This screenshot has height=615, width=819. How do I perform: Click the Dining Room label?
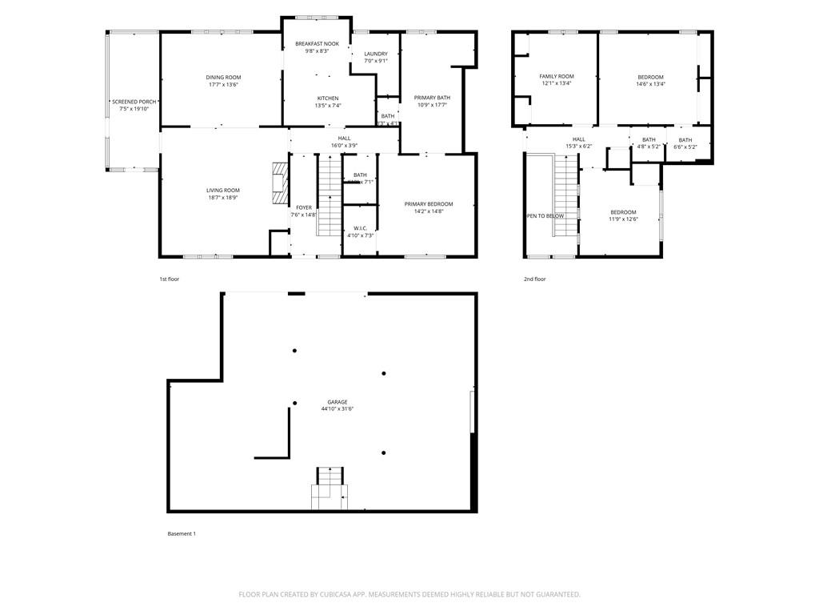[223, 77]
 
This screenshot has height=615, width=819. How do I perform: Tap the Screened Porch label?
[134, 102]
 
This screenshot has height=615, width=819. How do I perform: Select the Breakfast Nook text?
[317, 43]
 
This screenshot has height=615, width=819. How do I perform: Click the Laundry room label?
[375, 54]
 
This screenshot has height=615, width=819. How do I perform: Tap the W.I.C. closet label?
[360, 228]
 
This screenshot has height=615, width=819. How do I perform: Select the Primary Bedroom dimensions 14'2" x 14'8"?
[428, 211]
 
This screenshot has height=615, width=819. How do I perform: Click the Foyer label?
[303, 207]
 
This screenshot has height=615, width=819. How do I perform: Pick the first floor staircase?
[330, 196]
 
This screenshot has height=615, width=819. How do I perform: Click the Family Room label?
[556, 76]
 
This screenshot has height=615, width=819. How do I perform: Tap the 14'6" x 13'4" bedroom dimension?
[650, 84]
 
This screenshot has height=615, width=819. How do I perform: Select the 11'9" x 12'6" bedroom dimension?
[623, 219]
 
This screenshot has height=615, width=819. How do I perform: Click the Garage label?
[337, 402]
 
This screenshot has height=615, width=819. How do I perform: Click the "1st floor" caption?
[169, 279]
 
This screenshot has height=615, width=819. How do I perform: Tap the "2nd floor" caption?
[534, 279]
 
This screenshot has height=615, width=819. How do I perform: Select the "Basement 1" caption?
[181, 534]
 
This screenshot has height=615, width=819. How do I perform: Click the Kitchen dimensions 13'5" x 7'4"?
[328, 106]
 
